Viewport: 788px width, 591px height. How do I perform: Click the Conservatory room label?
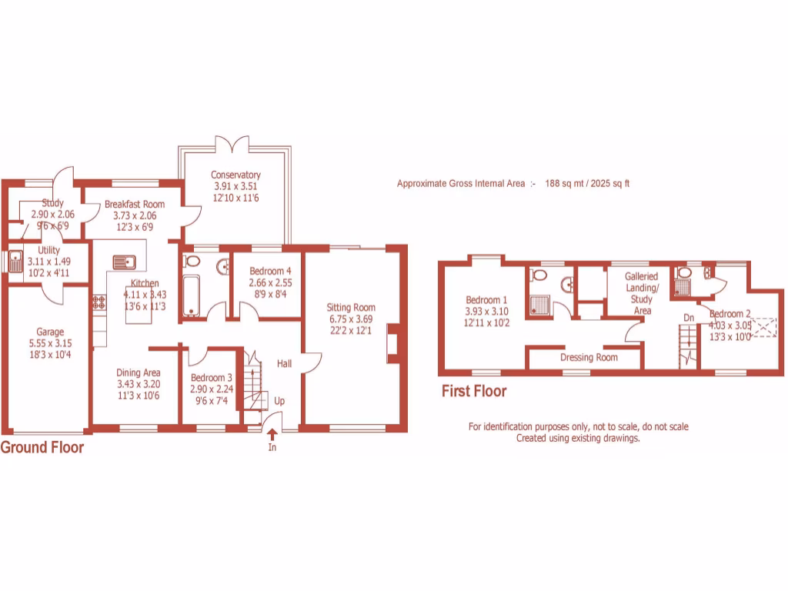[x=235, y=175]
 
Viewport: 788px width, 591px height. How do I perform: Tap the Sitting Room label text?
[x=350, y=308]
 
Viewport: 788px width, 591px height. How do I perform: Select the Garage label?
[x=49, y=332]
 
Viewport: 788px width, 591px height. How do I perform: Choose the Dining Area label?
[x=139, y=373]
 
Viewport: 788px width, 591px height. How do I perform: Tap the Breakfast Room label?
[x=134, y=205]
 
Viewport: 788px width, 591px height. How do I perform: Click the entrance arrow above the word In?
[x=272, y=436]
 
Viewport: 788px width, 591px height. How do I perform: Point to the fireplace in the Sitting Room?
[x=392, y=342]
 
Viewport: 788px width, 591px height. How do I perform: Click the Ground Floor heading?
[x=42, y=448]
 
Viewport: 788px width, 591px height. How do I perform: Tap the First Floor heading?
[x=474, y=392]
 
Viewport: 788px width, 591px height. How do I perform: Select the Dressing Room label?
[x=589, y=358]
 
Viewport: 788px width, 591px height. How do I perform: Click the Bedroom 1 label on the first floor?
[x=486, y=300]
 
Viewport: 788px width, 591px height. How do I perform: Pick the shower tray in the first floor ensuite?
[x=541, y=303]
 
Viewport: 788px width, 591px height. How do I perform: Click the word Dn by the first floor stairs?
[x=689, y=317]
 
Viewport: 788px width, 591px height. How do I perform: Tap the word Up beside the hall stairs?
[x=279, y=402]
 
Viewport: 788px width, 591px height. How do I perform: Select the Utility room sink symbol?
[x=15, y=262]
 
